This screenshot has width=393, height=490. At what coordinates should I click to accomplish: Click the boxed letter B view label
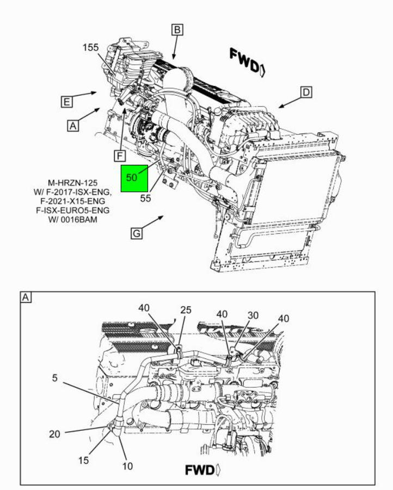coord(177,29)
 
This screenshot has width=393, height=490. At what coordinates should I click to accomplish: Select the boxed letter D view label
coord(306,92)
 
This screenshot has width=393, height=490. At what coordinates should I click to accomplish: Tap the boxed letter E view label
coord(66,102)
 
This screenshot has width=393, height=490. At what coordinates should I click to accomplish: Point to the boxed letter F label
coord(120,156)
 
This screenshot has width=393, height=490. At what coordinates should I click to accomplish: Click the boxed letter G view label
coord(136,233)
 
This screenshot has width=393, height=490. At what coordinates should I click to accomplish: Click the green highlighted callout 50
coord(131,178)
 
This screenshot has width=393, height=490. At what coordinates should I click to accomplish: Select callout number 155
coord(91,47)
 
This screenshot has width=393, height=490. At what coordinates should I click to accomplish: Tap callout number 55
coord(145,199)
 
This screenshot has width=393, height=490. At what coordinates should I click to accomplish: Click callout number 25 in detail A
coord(186,310)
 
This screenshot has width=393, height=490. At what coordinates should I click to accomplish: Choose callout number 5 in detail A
coord(55,378)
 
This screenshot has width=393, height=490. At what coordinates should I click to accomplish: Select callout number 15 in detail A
coord(83,460)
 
